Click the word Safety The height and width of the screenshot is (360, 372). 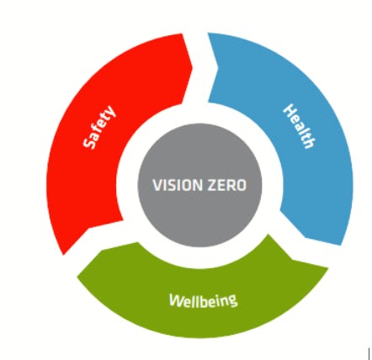click(99, 127)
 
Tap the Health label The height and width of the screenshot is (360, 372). click(300, 126)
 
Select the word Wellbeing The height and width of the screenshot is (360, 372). click(204, 300)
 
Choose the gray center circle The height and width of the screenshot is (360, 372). click(199, 185)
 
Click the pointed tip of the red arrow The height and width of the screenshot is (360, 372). click(193, 67)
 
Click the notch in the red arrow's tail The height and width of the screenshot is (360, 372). click(89, 228)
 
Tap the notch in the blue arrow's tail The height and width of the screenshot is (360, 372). click(218, 67)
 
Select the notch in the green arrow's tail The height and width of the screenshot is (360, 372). click(292, 259)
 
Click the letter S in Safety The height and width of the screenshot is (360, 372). click(89, 143)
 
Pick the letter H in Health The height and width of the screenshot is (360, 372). click(290, 109)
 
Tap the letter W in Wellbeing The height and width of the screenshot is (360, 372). click(176, 300)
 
